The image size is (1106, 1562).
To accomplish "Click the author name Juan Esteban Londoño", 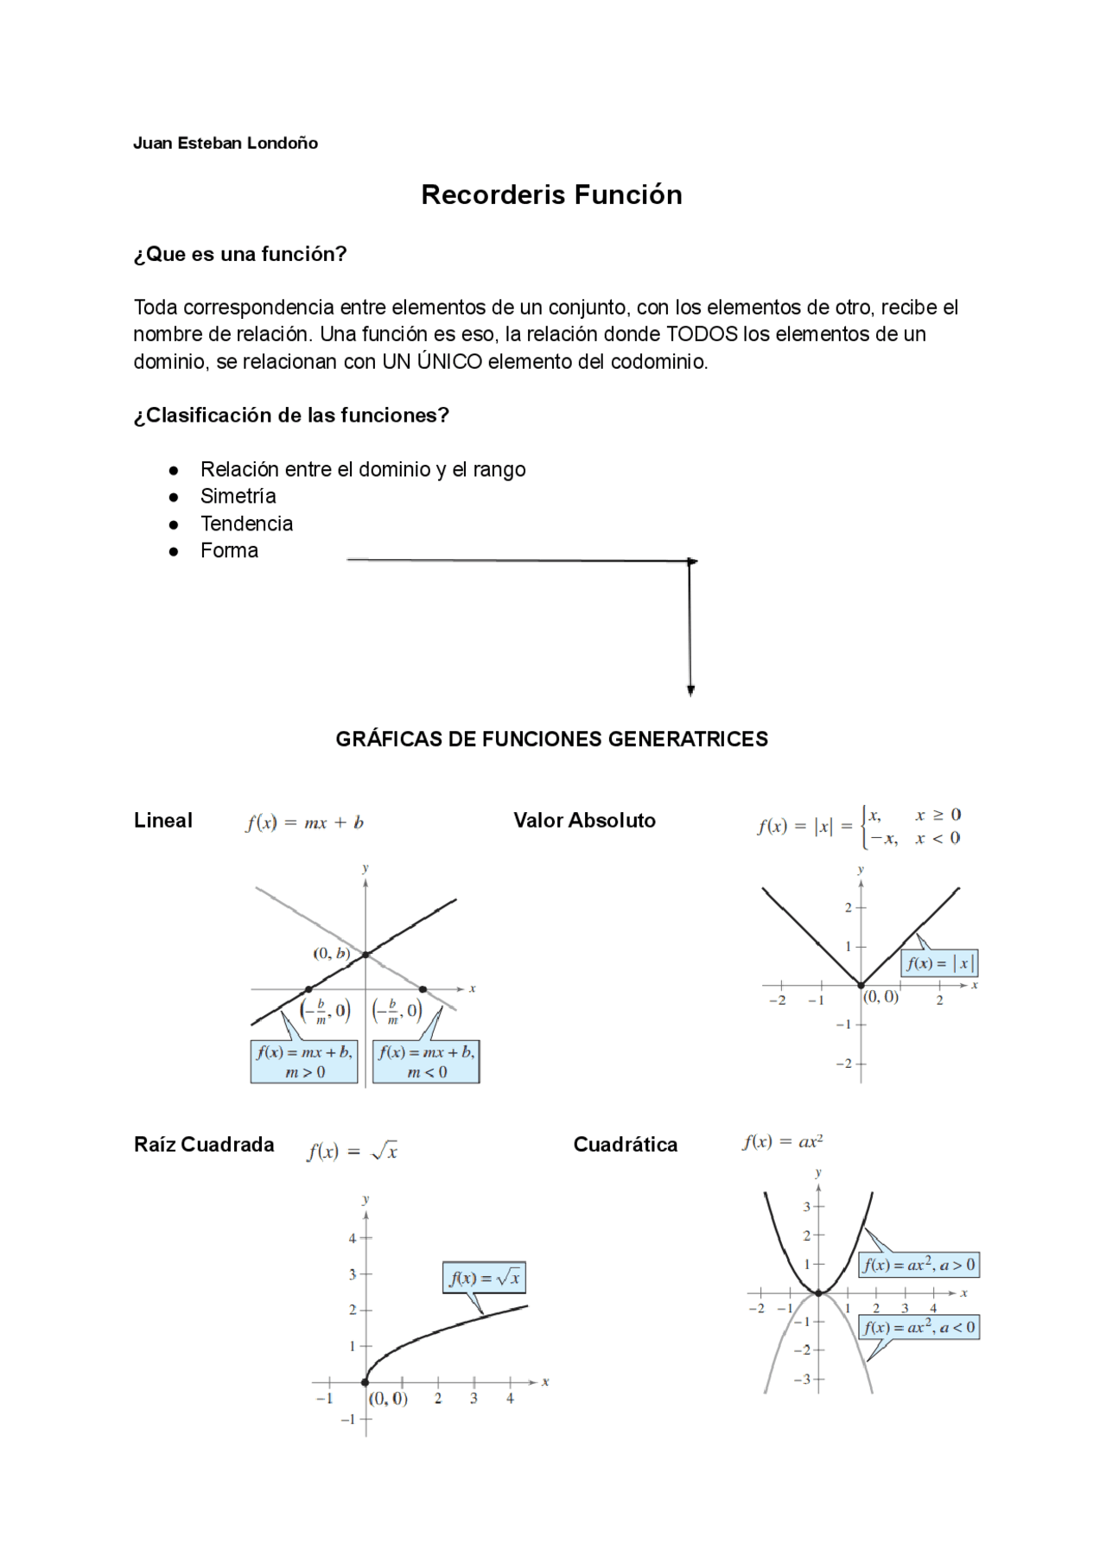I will (x=226, y=143).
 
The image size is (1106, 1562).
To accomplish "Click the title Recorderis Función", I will (x=551, y=194).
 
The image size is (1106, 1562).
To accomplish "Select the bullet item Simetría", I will (x=238, y=496).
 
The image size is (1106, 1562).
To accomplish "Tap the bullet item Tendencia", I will (x=246, y=524).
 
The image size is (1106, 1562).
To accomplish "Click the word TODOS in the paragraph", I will (x=702, y=334).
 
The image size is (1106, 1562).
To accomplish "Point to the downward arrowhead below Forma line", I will (x=690, y=689).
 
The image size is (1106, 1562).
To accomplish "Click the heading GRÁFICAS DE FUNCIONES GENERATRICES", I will (x=551, y=739).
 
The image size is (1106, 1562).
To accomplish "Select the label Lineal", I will (x=163, y=820).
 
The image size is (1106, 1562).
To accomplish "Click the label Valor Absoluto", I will (x=584, y=820).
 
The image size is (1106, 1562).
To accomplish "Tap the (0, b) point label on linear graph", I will (x=332, y=953).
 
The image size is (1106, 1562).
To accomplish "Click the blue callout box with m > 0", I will (x=304, y=1062).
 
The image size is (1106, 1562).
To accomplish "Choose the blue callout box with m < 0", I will (x=426, y=1062).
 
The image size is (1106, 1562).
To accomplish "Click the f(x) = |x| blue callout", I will (x=939, y=962).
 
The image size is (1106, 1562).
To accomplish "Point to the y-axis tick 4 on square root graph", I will (x=353, y=1238).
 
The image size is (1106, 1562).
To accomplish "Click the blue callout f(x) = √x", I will (x=485, y=1278).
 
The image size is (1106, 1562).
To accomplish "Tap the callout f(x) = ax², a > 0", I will (x=918, y=1265).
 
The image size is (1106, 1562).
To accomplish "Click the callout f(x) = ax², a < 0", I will (x=918, y=1327).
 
